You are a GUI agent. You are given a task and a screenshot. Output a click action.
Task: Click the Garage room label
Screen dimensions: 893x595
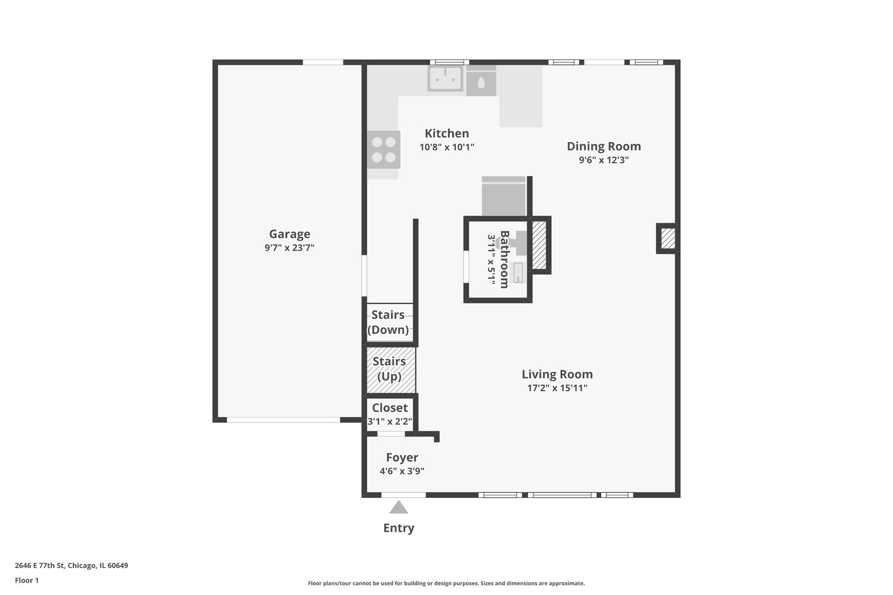(289, 234)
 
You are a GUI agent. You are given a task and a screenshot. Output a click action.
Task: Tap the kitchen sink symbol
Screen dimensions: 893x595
(445, 79)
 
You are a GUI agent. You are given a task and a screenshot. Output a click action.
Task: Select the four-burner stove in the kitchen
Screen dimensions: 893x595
(384, 149)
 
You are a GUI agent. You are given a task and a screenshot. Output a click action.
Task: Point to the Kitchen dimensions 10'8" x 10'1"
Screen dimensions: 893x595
(446, 147)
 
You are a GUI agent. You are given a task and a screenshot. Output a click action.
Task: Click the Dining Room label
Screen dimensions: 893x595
(604, 146)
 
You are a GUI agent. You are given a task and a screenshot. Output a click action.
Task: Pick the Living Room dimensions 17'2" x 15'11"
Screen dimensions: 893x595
(557, 388)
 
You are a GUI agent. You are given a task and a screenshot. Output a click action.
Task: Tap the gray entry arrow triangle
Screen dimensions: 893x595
(399, 507)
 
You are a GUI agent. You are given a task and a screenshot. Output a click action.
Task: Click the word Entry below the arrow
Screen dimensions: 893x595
(399, 528)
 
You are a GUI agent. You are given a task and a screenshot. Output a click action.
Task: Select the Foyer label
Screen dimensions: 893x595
(402, 457)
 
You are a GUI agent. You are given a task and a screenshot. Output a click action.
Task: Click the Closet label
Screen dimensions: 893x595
(390, 408)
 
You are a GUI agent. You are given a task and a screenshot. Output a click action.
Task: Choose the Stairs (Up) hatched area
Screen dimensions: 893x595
(391, 370)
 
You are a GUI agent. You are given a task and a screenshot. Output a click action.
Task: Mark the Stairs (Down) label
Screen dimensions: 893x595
(388, 322)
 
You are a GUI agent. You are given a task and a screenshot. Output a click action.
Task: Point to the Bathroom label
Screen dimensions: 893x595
(504, 259)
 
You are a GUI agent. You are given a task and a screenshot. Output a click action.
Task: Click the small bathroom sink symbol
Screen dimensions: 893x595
(518, 273)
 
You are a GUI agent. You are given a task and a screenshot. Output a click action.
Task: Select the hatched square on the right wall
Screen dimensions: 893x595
(668, 238)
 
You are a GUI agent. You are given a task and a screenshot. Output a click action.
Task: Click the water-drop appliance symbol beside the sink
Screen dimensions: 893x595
(481, 82)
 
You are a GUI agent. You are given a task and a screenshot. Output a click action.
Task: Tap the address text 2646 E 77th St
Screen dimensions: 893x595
(40, 565)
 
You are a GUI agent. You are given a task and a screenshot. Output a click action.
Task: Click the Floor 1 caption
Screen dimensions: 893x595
(26, 580)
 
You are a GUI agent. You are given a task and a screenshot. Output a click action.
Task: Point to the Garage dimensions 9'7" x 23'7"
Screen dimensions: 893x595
(289, 247)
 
